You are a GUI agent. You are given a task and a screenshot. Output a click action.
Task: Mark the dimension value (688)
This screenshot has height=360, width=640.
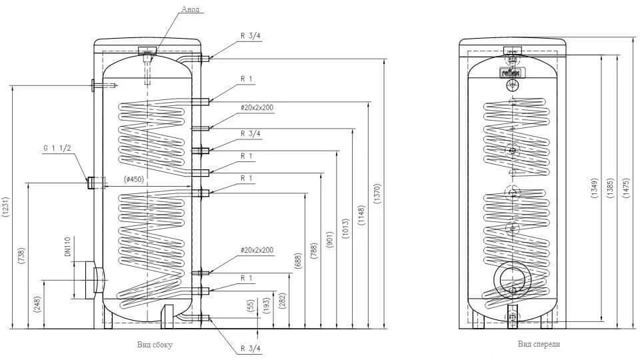[298, 261]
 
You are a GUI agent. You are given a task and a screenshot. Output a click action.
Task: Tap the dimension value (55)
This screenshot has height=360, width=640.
[250, 306]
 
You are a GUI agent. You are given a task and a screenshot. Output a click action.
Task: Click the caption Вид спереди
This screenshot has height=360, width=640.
[538, 345]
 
